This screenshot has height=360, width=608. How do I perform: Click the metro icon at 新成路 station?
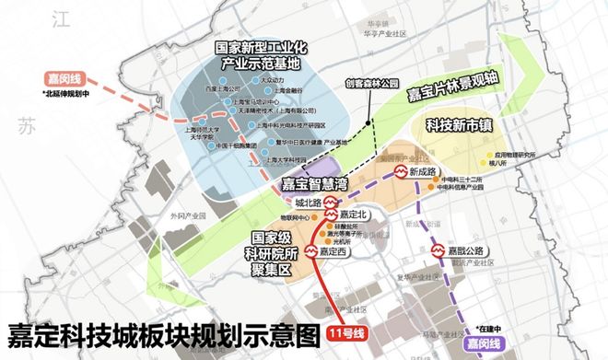(x=402, y=172)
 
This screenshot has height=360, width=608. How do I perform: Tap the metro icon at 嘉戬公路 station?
(x=438, y=250)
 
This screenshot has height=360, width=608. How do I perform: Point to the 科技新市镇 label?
(x=457, y=122)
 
